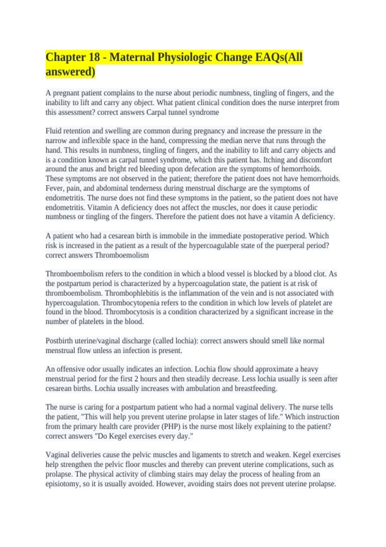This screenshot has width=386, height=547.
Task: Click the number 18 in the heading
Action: [93, 57]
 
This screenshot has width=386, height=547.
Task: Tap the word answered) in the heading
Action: [70, 71]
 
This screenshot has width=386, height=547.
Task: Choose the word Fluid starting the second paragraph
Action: [53, 131]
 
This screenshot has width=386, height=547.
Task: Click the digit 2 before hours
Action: [136, 379]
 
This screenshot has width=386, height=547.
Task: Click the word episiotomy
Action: [63, 484]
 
